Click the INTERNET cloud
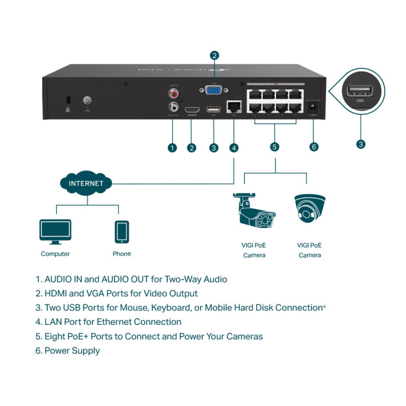coord(86,183)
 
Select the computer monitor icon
coord(55,231)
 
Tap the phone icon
coord(122,231)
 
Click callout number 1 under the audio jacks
coord(172,148)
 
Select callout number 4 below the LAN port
coord(234,148)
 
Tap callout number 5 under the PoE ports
coord(275,147)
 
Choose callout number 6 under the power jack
coord(314,147)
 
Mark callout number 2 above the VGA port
coord(215,56)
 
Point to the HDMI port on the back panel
coord(192,109)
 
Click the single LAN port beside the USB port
coord(234,107)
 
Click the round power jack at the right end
coord(314,108)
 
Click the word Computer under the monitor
coord(55,254)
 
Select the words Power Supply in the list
coord(72,351)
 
